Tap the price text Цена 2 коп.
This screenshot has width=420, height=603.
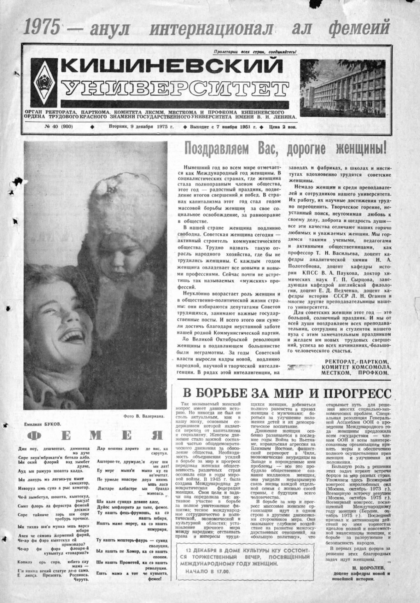pyautogui.click(x=283, y=127)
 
